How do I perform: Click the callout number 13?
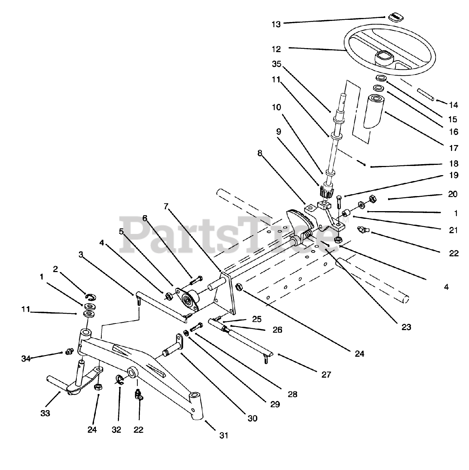point(276,24)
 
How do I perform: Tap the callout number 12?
point(276,48)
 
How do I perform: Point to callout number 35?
point(276,64)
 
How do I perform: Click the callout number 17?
point(454,148)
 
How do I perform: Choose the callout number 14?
point(454,105)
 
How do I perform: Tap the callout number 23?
point(406,326)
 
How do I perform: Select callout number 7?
point(166,207)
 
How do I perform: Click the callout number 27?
point(326,375)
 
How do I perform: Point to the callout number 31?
point(224,435)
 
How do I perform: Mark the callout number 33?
point(45,413)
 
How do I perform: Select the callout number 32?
point(116,429)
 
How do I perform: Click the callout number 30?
point(253,418)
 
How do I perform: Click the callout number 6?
point(145,218)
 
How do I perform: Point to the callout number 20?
point(453,194)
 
